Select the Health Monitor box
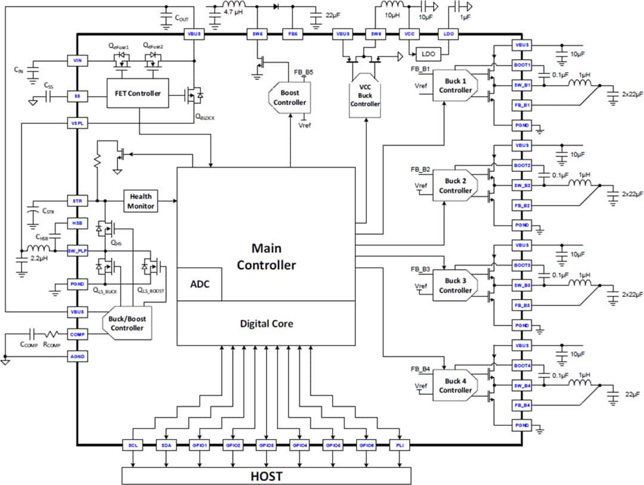tap(140, 201)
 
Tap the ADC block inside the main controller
tap(200, 284)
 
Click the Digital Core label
tap(266, 323)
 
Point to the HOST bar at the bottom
tap(266, 476)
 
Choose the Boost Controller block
tap(286, 97)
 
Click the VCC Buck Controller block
tap(365, 95)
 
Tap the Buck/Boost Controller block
tap(127, 323)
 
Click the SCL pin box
tap(132, 445)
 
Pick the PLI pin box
tap(398, 445)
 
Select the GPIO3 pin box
tap(266, 445)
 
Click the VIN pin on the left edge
tap(77, 60)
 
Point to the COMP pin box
tap(77, 335)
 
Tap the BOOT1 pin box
tap(522, 65)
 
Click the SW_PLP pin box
tap(77, 251)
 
